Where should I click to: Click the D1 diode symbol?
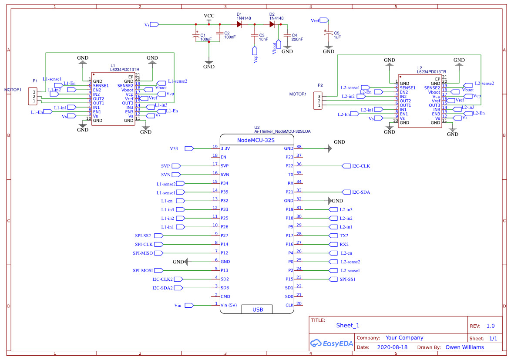pyautogui.click(x=239, y=24)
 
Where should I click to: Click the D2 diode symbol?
pyautogui.click(x=272, y=24)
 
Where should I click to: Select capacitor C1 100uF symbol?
pyautogui.click(x=196, y=37)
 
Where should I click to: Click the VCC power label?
pyautogui.click(x=209, y=16)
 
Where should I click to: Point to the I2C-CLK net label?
pyautogui.click(x=361, y=166)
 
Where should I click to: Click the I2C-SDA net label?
pyautogui.click(x=361, y=192)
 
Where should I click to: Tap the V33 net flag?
pyautogui.click(x=174, y=148)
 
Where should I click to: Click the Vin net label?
pyautogui.click(x=178, y=306)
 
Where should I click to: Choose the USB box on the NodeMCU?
pyautogui.click(x=257, y=310)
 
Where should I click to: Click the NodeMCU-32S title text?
pyautogui.click(x=256, y=140)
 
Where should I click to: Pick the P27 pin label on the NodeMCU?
pyautogui.click(x=225, y=236)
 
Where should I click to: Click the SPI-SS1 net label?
pyautogui.click(x=347, y=279)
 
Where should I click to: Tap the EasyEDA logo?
pyautogui.click(x=329, y=343)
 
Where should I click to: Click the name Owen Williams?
pyautogui.click(x=462, y=347)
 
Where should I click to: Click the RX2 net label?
pyautogui.click(x=344, y=244)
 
